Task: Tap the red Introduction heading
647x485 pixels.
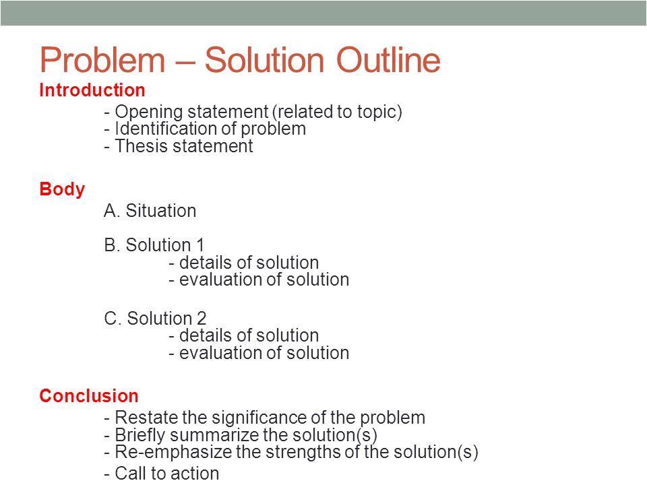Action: tap(92, 90)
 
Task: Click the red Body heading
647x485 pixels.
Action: tap(62, 190)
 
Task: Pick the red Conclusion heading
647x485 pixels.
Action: tap(89, 396)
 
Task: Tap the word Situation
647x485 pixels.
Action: tap(160, 211)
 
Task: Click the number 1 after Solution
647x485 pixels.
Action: tap(200, 245)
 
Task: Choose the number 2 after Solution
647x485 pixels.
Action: tap(202, 319)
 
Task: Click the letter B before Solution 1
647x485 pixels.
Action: tap(110, 245)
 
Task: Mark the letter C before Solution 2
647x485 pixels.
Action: tap(111, 319)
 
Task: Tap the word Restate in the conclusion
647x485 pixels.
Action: tap(146, 418)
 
